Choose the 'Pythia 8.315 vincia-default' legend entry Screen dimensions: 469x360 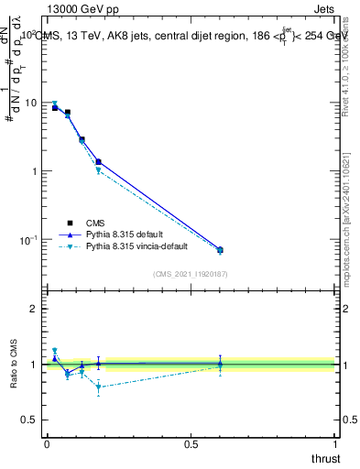coord(141,247)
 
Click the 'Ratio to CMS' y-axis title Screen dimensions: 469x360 coord(14,365)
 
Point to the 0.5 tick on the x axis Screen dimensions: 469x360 coord(191,443)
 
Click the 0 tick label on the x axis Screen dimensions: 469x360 coord(47,443)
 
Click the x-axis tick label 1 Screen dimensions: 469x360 coord(335,443)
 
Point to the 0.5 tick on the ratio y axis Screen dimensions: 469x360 coord(29,420)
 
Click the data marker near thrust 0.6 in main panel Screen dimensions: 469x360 coord(220,249)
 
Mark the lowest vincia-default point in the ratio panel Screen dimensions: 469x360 coord(98,387)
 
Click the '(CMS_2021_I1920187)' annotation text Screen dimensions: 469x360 coord(190,274)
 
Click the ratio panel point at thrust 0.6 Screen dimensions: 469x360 coord(220,365)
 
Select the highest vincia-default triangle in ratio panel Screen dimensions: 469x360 coord(55,350)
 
